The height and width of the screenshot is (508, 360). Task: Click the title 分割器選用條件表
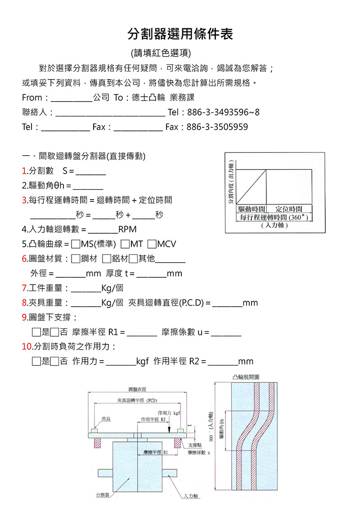pos(180,34)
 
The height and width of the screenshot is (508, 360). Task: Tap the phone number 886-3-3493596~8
pos(223,112)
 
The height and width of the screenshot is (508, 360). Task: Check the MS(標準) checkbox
pos(76,244)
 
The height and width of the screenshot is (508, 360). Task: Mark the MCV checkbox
pos(152,244)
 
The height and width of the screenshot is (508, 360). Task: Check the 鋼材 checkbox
pos(76,258)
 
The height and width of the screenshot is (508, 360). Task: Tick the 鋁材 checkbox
pos(106,258)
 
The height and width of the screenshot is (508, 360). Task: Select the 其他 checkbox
pos(133,258)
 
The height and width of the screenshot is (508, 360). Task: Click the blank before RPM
pos(103,230)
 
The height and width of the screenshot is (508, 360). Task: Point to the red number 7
pos(24,288)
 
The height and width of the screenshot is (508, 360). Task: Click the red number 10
pos(27,347)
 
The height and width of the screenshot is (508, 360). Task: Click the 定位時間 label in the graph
pos(288,209)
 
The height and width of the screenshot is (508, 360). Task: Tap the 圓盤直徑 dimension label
pos(137,389)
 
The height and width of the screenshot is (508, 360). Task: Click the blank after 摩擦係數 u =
pos(226,333)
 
